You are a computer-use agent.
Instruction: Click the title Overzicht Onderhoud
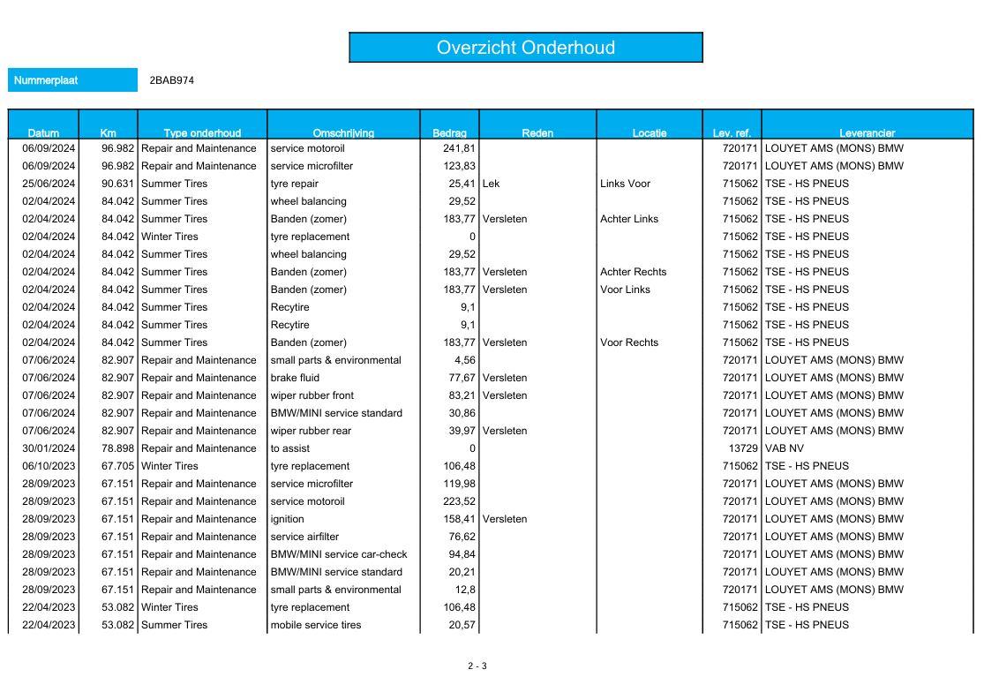coord(525,48)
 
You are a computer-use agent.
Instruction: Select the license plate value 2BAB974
coord(172,80)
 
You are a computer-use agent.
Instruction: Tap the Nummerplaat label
coord(46,80)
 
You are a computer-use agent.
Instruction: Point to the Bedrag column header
coord(449,133)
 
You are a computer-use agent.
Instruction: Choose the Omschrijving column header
coord(343,133)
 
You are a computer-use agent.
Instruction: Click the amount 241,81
coord(459,148)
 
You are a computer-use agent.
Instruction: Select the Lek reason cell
coord(492,184)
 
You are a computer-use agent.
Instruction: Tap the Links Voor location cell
coord(625,184)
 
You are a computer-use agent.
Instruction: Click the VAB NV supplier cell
coord(785,448)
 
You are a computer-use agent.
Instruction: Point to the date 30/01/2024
coord(49,448)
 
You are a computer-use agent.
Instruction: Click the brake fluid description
coord(296,378)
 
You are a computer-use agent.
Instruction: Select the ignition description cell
coord(288,519)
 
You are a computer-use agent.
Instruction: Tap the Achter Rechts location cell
coord(633,272)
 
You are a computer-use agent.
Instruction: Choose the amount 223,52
coord(459,501)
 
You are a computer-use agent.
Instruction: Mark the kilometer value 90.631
coord(117,184)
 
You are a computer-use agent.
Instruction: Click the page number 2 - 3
coord(477,666)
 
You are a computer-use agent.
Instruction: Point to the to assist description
coord(289,448)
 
